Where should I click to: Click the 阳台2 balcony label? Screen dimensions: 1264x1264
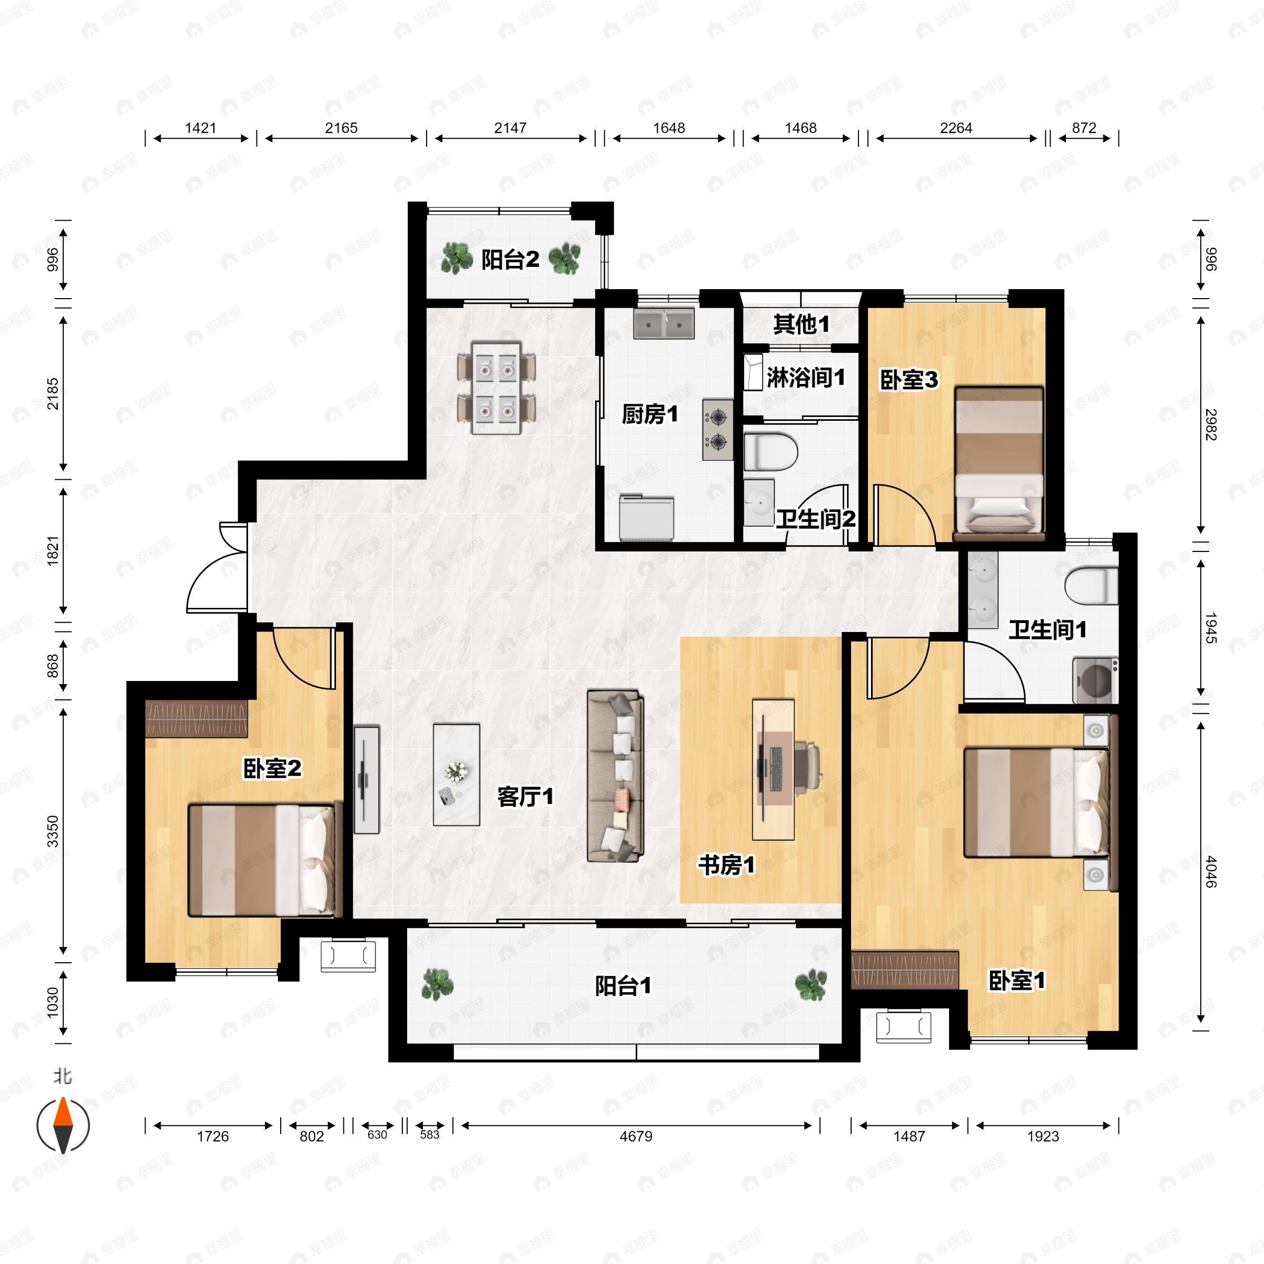point(510,260)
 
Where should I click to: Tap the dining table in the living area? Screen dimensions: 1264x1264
point(497,387)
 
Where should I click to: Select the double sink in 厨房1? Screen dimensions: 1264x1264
point(664,323)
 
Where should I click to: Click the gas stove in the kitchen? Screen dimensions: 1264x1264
point(718,429)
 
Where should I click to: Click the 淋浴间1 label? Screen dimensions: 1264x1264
point(805,378)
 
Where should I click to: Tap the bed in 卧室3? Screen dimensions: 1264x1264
point(999,461)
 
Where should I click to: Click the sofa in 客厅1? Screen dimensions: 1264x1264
point(615,775)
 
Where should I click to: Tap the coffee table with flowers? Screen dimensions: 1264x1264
point(456,774)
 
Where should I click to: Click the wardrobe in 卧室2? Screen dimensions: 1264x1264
point(196,719)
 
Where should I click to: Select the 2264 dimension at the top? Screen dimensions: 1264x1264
point(955,128)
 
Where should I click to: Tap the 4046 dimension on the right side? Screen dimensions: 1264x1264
point(1210,872)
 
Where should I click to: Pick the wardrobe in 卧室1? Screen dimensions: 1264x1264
point(905,970)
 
